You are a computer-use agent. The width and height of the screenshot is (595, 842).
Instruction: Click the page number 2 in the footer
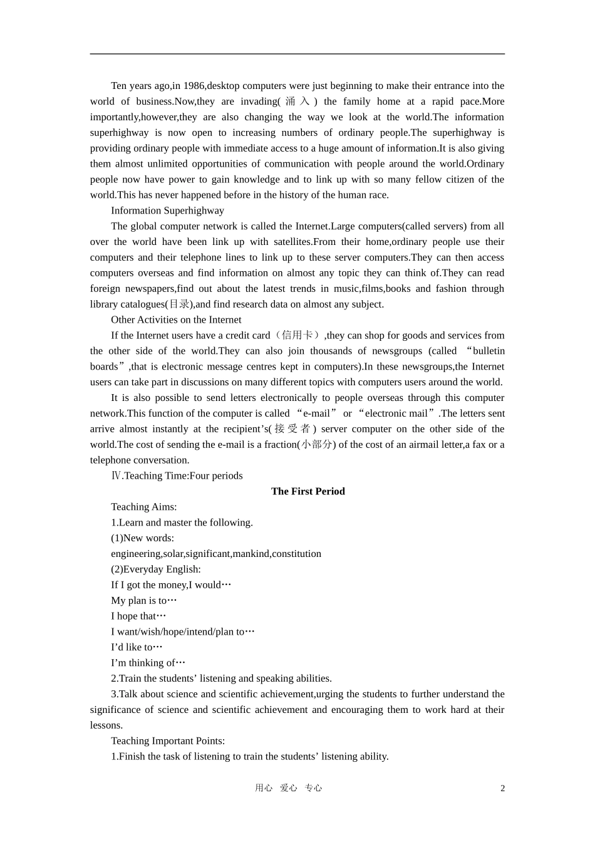[502, 788]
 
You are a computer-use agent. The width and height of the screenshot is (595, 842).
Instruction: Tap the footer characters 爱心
[289, 788]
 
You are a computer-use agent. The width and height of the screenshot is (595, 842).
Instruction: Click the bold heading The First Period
[308, 491]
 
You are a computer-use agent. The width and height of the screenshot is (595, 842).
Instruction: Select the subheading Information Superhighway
[167, 210]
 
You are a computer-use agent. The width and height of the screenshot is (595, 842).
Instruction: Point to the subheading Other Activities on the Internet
[176, 320]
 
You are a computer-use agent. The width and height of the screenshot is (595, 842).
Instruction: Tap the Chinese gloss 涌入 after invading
[297, 101]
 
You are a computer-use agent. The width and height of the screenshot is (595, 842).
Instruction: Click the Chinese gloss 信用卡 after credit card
[297, 335]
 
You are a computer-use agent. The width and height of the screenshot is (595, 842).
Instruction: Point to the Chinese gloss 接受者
[292, 429]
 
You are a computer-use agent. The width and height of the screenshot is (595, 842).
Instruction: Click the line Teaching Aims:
[144, 507]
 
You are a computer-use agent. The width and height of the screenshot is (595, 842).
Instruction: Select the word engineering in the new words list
[136, 554]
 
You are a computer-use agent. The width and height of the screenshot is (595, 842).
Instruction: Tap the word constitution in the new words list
[296, 554]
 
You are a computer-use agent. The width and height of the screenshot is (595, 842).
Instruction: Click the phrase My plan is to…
[144, 600]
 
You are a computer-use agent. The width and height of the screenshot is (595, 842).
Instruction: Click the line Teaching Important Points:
[168, 741]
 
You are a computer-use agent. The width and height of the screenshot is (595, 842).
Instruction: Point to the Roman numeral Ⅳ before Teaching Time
[116, 476]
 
